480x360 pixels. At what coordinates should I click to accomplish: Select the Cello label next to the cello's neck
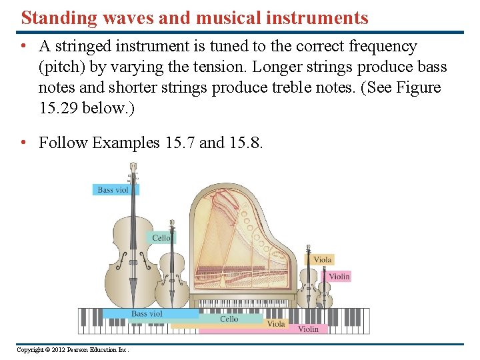click(x=161, y=238)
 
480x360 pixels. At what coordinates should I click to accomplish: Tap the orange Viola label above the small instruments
click(x=322, y=260)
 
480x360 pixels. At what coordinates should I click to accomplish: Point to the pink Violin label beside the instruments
click(x=339, y=277)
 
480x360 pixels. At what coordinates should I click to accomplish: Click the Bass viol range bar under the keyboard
click(x=147, y=313)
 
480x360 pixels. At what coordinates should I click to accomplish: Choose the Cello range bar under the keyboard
click(x=229, y=319)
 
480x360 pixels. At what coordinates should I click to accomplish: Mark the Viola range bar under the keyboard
click(x=276, y=324)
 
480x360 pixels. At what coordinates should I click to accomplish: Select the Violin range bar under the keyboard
click(x=308, y=329)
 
